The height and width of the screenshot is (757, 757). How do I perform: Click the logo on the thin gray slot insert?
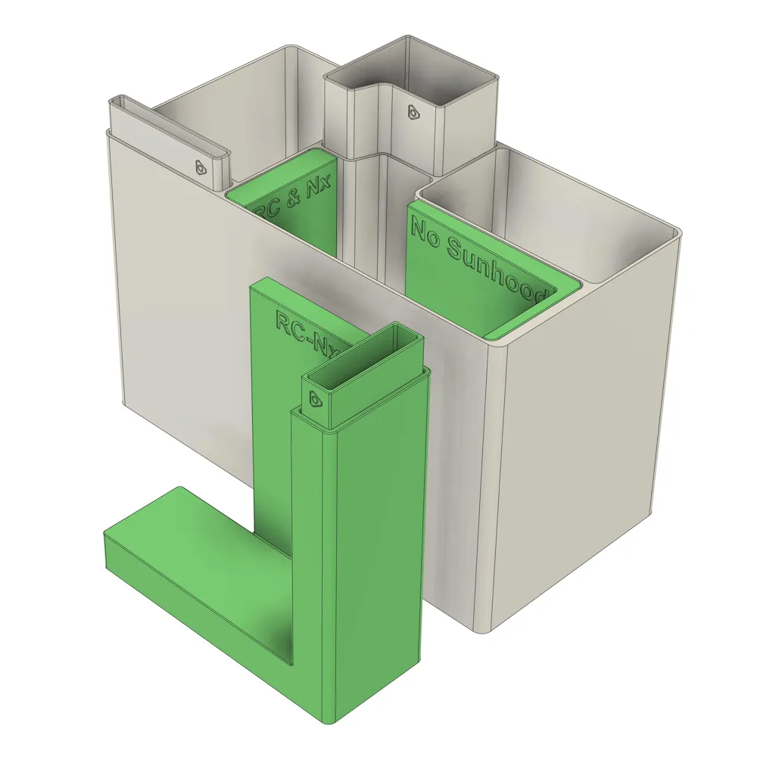(201, 167)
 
